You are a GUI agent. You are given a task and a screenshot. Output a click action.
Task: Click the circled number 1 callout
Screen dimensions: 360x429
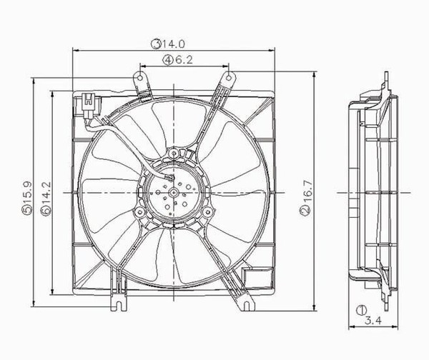(x=363, y=311)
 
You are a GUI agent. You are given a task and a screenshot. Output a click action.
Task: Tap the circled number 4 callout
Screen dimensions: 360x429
(x=167, y=61)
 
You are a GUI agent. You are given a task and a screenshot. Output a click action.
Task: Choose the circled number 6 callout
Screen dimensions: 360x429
(x=46, y=212)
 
